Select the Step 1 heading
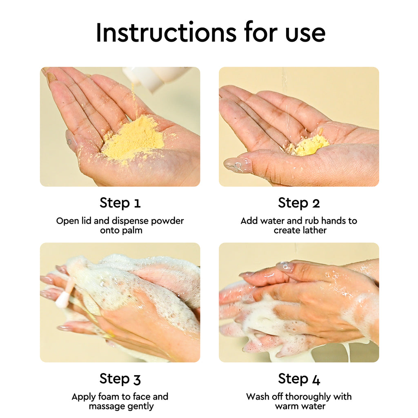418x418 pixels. (x=120, y=203)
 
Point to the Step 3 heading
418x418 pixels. (x=120, y=379)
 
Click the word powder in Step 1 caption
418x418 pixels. (x=168, y=221)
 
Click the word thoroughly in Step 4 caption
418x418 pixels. (x=308, y=397)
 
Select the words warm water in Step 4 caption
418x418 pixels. (x=300, y=406)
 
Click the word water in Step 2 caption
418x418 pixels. (x=273, y=221)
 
